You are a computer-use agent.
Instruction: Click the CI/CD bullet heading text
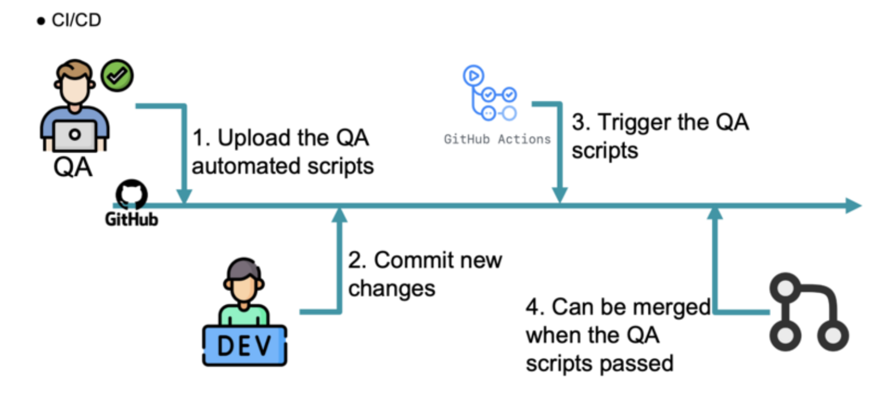pos(77,21)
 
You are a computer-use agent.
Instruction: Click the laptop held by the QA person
pos(76,136)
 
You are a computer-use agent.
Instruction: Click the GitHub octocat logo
pos(132,196)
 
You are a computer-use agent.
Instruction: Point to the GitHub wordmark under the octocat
pos(132,220)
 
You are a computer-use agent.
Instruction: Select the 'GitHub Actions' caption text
pos(497,139)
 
